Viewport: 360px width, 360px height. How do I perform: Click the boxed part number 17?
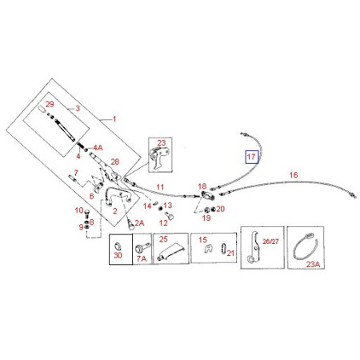pyautogui.click(x=251, y=157)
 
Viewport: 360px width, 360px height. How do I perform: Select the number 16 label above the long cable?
pyautogui.click(x=294, y=175)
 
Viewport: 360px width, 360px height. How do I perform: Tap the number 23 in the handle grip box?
pyautogui.click(x=162, y=143)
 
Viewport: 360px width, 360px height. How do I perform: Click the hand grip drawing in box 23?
pyautogui.click(x=159, y=158)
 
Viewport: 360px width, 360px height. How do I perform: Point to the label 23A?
pyautogui.click(x=313, y=264)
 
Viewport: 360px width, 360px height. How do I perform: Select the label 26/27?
pyautogui.click(x=270, y=242)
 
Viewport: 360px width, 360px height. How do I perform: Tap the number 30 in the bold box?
pyautogui.click(x=118, y=255)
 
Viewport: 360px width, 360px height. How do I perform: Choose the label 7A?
pyautogui.click(x=142, y=258)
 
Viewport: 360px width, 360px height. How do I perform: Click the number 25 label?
pyautogui.click(x=163, y=239)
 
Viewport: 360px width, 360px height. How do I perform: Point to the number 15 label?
pyautogui.click(x=202, y=240)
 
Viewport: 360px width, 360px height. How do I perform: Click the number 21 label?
pyautogui.click(x=230, y=253)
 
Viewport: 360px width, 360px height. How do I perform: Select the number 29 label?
pyautogui.click(x=50, y=104)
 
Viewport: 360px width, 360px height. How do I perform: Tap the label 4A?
pyautogui.click(x=98, y=147)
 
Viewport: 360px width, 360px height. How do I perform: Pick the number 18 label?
pyautogui.click(x=202, y=186)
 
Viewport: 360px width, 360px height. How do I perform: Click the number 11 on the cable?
pyautogui.click(x=160, y=187)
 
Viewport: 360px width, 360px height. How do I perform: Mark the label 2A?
pyautogui.click(x=139, y=223)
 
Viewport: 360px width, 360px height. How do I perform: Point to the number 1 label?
pyautogui.click(x=114, y=118)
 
